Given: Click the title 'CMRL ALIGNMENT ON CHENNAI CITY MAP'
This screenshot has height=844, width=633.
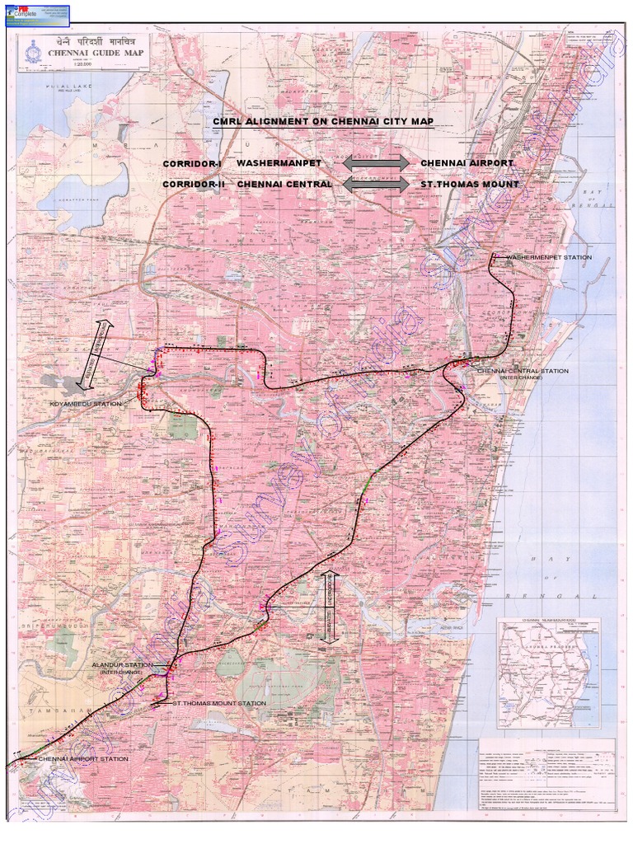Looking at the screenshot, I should tap(323, 122).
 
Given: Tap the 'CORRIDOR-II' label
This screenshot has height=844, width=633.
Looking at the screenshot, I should tap(194, 185).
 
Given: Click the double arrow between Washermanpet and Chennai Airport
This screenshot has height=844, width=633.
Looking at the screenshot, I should tap(376, 163).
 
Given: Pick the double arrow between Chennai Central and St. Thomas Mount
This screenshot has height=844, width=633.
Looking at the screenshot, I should tap(376, 184).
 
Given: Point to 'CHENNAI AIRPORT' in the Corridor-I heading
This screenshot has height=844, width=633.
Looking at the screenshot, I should tap(467, 163).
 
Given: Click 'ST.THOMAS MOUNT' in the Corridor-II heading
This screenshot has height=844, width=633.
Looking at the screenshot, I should tap(470, 184).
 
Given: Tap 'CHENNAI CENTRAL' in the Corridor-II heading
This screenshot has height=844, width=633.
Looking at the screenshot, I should tap(284, 184).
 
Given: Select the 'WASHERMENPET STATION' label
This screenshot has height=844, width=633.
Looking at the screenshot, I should tap(548, 258).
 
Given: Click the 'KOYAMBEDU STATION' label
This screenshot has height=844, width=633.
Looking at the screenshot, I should tap(85, 404).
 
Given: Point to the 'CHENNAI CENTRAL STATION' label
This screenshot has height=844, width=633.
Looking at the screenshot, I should tap(523, 371).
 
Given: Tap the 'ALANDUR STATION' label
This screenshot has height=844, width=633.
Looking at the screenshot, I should tap(122, 664).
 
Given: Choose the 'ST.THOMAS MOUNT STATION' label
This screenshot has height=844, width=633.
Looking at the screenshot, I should tap(219, 704).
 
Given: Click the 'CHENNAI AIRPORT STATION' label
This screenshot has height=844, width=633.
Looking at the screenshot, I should tap(83, 758).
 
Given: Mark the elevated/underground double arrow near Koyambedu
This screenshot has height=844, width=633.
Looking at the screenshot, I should tap(95, 353).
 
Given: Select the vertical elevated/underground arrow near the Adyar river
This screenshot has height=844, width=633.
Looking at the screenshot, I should tap(328, 606).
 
